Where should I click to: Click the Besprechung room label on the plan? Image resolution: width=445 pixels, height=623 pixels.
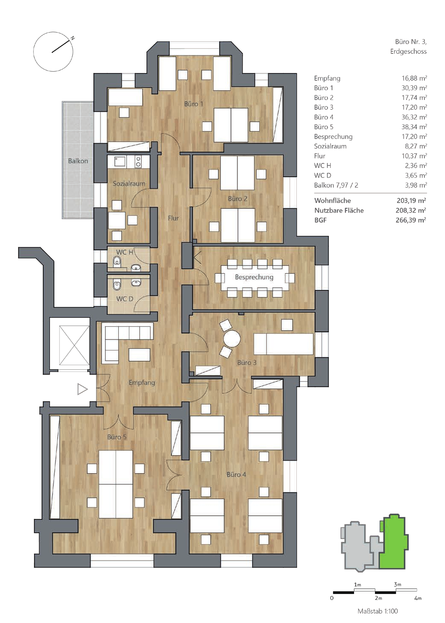tap(254, 277)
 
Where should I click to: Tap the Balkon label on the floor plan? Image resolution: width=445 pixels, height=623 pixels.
tap(78, 161)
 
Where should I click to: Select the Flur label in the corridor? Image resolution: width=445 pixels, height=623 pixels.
tap(173, 218)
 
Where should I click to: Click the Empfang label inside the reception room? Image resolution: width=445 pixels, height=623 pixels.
tap(141, 383)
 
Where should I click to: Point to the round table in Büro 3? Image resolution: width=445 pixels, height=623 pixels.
tap(232, 339)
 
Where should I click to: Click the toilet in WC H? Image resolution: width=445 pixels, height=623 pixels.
tap(117, 261)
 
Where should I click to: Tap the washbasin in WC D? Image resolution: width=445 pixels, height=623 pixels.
tap(136, 283)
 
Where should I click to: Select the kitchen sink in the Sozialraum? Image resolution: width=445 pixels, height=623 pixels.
tap(120, 161)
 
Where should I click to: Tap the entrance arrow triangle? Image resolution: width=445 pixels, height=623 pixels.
tap(82, 389)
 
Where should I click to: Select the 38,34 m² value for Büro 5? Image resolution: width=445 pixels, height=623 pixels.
tap(414, 127)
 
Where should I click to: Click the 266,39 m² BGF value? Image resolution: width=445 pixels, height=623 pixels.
tap(411, 220)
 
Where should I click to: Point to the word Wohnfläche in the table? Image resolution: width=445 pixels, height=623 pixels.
tap(332, 201)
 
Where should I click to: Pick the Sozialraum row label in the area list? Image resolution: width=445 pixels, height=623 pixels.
tap(330, 146)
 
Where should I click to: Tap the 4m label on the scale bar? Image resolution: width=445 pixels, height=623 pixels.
tap(418, 598)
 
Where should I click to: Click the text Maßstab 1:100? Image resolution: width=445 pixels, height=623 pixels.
tap(378, 611)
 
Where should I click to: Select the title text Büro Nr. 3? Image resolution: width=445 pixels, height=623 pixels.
tap(411, 42)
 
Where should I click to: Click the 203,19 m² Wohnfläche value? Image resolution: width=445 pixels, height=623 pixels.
tap(411, 201)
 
